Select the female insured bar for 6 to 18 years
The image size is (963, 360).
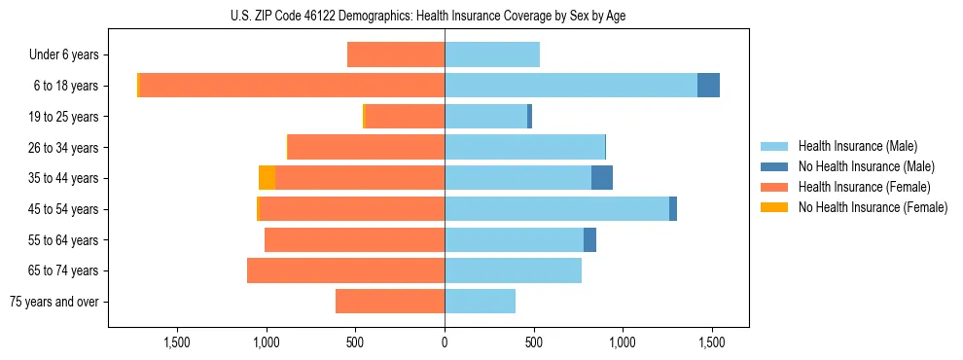coord(292,86)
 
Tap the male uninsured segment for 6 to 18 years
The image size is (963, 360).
coord(708,86)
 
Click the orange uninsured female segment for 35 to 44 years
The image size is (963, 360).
coord(267,178)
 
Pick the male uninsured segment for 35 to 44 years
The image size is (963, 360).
coord(602,178)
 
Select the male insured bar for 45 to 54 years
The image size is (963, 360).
coord(556,209)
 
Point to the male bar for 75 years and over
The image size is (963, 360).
coord(480,302)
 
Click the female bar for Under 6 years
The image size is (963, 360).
coord(396,54)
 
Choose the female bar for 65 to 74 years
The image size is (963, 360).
coord(345,270)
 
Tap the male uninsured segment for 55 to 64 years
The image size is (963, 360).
coord(589,240)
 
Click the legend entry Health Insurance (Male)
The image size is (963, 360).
coord(857,146)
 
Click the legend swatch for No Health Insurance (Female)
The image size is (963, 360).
coord(774,207)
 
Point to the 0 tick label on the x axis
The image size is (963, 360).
coord(445,342)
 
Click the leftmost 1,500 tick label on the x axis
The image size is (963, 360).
coord(177,342)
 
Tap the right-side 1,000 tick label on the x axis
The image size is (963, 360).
coord(623,342)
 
